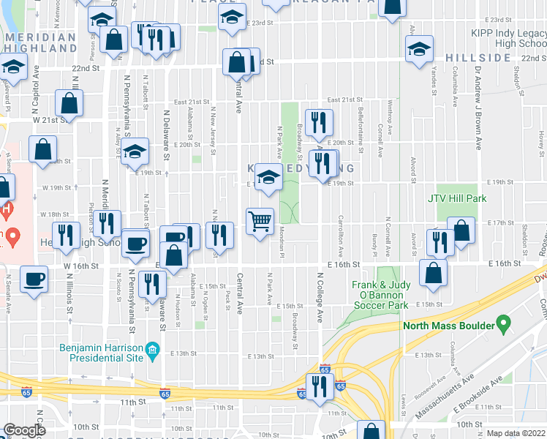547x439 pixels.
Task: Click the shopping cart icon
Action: pyautogui.click(x=260, y=220)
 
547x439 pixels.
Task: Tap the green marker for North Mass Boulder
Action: pyautogui.click(x=502, y=323)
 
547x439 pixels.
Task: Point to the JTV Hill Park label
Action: pyautogui.click(x=457, y=198)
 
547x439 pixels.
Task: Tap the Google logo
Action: pyautogui.click(x=24, y=430)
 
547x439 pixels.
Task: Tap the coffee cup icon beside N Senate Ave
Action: pyautogui.click(x=34, y=278)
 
